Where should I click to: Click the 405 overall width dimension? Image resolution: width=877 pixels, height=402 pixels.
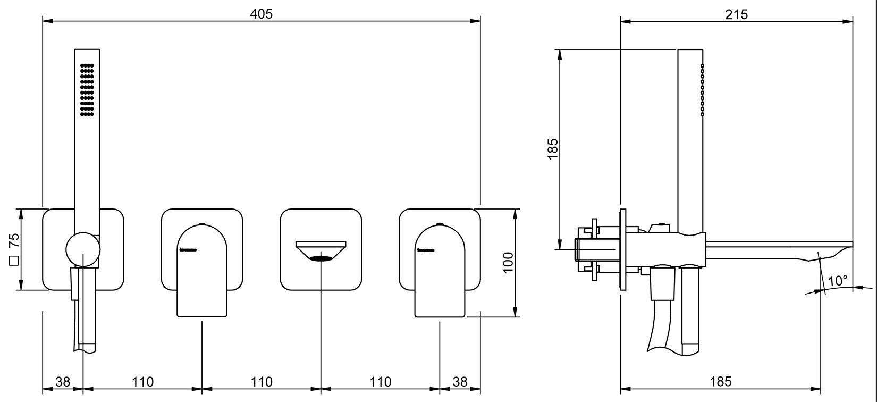[261, 14]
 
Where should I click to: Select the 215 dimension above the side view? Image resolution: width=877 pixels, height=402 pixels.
[737, 14]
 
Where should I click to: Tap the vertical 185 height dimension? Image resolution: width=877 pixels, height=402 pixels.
[553, 149]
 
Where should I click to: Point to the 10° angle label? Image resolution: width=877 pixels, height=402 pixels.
[838, 281]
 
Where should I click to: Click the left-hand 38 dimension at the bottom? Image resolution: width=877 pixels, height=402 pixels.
[63, 381]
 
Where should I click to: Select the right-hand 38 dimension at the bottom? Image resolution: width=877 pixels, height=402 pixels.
[460, 381]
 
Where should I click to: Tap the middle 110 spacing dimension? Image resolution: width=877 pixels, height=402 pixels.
[262, 381]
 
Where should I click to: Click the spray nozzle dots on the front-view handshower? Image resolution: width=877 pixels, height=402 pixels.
[87, 90]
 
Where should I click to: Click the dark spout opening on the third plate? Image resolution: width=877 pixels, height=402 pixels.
[321, 259]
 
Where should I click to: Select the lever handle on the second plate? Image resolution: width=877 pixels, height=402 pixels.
[202, 271]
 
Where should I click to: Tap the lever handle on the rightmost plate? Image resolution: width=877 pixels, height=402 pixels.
[440, 271]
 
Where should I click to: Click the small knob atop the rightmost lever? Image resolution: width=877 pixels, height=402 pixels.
[440, 224]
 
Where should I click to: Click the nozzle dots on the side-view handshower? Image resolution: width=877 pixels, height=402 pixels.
[702, 90]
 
